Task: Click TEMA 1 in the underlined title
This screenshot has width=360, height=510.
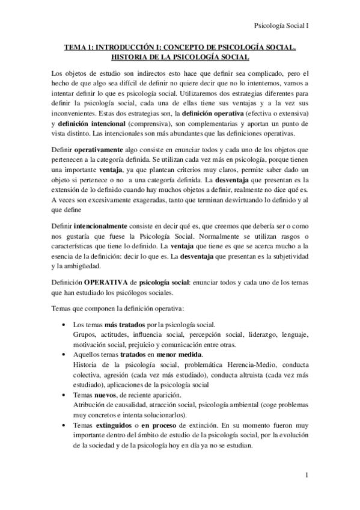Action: point(84,47)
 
